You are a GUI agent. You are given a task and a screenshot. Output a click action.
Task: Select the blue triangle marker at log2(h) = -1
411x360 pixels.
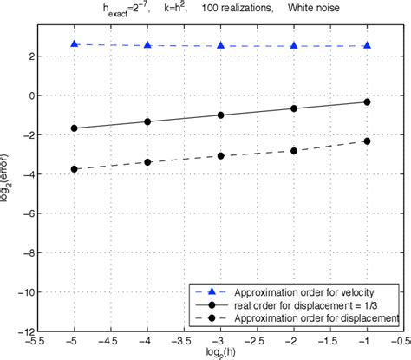pyautogui.click(x=368, y=45)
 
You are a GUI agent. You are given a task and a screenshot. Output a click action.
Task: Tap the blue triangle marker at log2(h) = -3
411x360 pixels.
pyautogui.click(x=221, y=45)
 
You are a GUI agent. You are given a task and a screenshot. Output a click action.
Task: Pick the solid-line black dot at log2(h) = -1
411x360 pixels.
pyautogui.click(x=368, y=101)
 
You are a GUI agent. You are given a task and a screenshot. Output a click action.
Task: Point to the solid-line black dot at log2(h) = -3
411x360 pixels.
pyautogui.click(x=221, y=115)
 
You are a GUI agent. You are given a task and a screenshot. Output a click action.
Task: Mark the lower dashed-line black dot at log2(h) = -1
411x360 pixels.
pyautogui.click(x=368, y=141)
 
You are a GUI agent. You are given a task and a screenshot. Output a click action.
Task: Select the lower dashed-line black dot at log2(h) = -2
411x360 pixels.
pyautogui.click(x=295, y=151)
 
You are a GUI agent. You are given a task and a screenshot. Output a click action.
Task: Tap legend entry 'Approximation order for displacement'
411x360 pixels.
pyautogui.click(x=308, y=320)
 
